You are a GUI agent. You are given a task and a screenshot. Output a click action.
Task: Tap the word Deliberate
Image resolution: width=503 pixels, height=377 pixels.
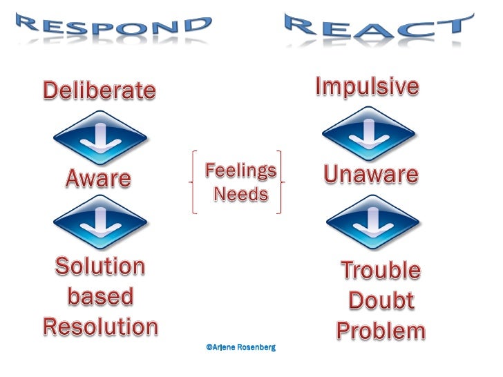pyautogui.click(x=100, y=90)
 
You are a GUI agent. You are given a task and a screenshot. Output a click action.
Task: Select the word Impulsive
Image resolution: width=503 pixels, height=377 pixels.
pyautogui.click(x=367, y=87)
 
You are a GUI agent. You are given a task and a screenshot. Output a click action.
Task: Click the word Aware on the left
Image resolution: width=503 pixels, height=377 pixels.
pyautogui.click(x=98, y=179)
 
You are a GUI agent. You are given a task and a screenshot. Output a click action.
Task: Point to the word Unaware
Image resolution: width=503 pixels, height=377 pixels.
pyautogui.click(x=370, y=175)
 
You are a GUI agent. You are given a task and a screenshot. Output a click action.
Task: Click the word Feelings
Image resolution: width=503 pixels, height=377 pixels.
pyautogui.click(x=241, y=170)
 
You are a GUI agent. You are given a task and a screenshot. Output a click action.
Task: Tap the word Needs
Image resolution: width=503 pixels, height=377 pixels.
pyautogui.click(x=240, y=195)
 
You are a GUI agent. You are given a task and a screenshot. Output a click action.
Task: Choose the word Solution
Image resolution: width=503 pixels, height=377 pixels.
pyautogui.click(x=100, y=267)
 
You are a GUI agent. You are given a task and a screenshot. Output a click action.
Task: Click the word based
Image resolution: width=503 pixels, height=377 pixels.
pyautogui.click(x=100, y=297)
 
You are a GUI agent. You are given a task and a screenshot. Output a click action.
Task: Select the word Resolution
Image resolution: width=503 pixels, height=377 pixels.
pyautogui.click(x=100, y=327)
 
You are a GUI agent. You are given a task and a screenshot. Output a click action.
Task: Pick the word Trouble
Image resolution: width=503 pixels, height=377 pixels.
pyautogui.click(x=381, y=270)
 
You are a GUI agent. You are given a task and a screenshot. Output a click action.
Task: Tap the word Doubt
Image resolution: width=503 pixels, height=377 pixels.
pyautogui.click(x=381, y=300)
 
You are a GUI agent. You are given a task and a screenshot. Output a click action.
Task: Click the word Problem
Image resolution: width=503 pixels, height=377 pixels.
pyautogui.click(x=381, y=331)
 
